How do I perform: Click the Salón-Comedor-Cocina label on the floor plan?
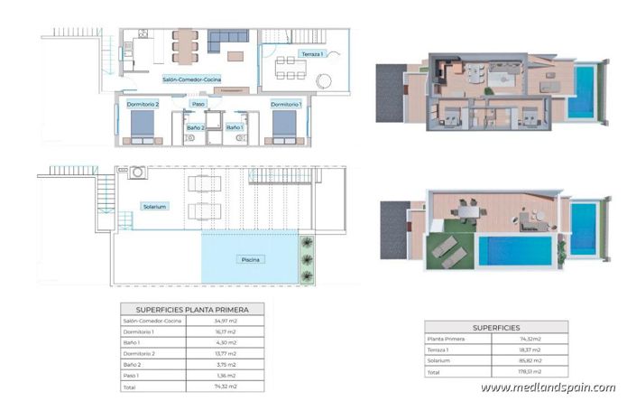pos(192,79)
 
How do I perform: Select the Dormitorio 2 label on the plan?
pos(143,105)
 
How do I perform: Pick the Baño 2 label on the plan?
pos(196,127)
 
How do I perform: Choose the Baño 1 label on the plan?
pos(234,127)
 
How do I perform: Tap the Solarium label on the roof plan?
pos(154,207)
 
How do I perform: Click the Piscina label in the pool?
pos(252,260)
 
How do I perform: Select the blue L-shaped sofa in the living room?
pos(226,39)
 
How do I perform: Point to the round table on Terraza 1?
pos(323,81)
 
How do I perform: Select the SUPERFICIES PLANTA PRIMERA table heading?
pos(192,309)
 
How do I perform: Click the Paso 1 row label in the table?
pos(134,376)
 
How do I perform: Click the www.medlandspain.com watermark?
pos(548,388)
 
